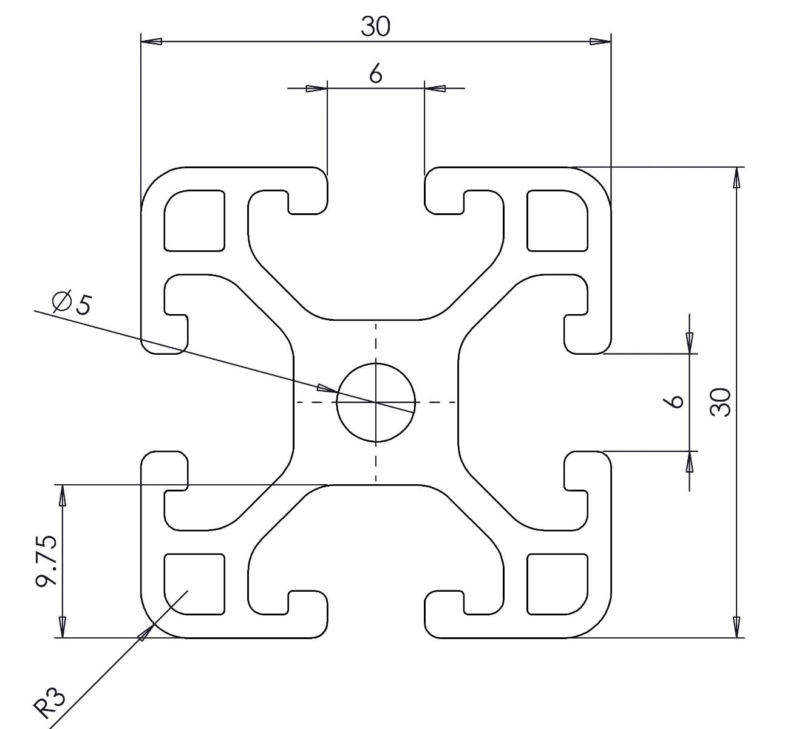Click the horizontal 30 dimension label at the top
point(375,27)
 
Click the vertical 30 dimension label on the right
point(720,402)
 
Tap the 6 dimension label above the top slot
point(375,74)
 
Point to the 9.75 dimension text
point(46,561)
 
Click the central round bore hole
point(376,402)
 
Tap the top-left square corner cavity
point(194,221)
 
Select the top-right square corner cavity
point(557,221)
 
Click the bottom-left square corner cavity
point(194,584)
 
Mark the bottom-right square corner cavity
point(557,584)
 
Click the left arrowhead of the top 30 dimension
point(151,41)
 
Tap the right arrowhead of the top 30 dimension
point(601,41)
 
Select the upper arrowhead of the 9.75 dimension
point(63,495)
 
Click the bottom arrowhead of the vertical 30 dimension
point(736,627)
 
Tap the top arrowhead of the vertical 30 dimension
point(736,177)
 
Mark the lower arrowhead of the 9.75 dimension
point(63,627)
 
